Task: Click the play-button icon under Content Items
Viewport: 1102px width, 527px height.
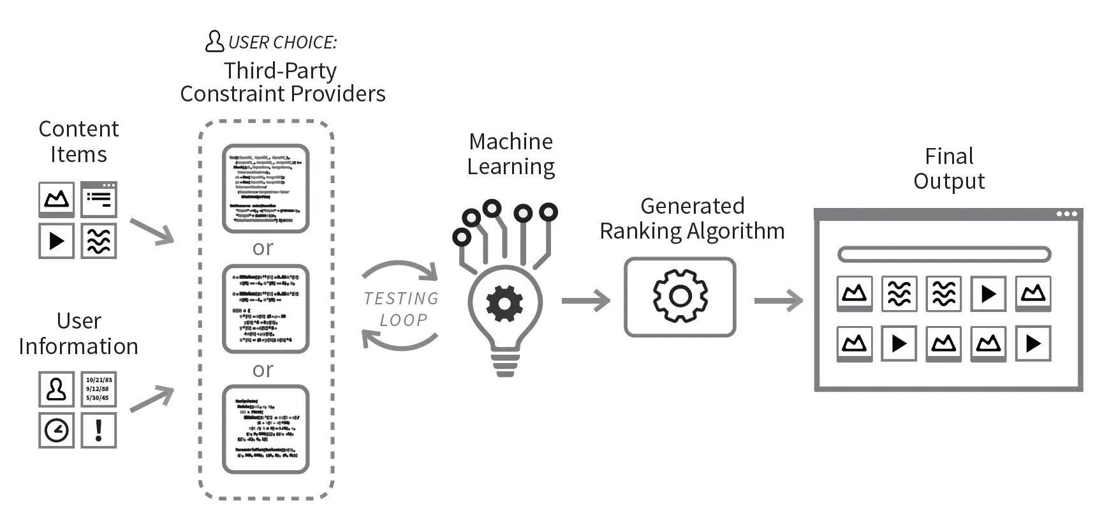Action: [57, 241]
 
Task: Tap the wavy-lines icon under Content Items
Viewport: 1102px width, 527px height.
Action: [99, 241]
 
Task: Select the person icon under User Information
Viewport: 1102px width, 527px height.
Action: [57, 389]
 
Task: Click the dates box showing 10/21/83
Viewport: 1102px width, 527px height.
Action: [99, 389]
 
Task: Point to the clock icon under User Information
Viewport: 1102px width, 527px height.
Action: [57, 431]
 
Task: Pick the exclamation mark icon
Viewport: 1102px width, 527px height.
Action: [99, 431]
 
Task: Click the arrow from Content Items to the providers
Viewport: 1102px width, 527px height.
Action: [152, 231]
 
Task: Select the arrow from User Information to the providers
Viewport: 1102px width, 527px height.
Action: [152, 399]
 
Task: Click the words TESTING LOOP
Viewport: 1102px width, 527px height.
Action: [401, 309]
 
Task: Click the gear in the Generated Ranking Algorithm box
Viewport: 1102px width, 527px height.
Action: [680, 296]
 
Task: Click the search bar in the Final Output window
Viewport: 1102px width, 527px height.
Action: [944, 255]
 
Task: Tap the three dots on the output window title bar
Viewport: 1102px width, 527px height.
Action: [1066, 214]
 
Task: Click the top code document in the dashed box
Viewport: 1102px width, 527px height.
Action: [265, 189]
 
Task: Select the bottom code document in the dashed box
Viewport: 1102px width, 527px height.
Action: [265, 429]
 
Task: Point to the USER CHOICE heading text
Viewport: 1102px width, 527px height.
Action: [281, 43]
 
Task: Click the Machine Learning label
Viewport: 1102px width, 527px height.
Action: [511, 154]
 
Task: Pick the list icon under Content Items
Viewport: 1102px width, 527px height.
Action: [99, 199]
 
